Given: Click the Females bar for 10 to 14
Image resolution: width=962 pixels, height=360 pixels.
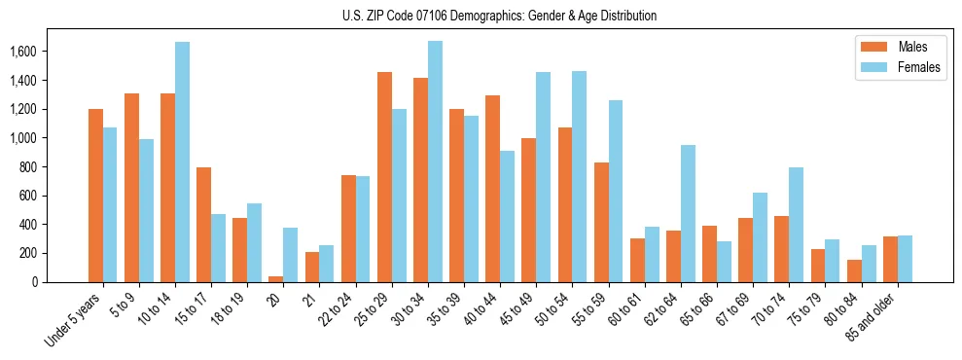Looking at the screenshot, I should point(183,162).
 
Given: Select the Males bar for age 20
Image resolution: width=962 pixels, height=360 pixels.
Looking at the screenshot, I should point(276,279).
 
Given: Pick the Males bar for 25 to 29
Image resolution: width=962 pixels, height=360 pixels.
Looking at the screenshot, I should point(384,177).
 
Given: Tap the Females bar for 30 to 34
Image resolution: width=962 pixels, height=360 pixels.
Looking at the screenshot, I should point(435,162).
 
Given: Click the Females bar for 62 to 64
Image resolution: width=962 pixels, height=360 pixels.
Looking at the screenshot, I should point(688,213).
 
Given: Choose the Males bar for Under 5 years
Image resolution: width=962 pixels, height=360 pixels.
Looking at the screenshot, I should point(95,196).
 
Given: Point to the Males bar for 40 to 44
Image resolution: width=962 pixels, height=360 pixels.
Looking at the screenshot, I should point(492,189).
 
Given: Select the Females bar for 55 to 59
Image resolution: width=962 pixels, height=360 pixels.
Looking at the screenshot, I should point(615,191).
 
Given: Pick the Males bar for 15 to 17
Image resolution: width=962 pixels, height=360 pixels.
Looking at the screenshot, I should point(203,225).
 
